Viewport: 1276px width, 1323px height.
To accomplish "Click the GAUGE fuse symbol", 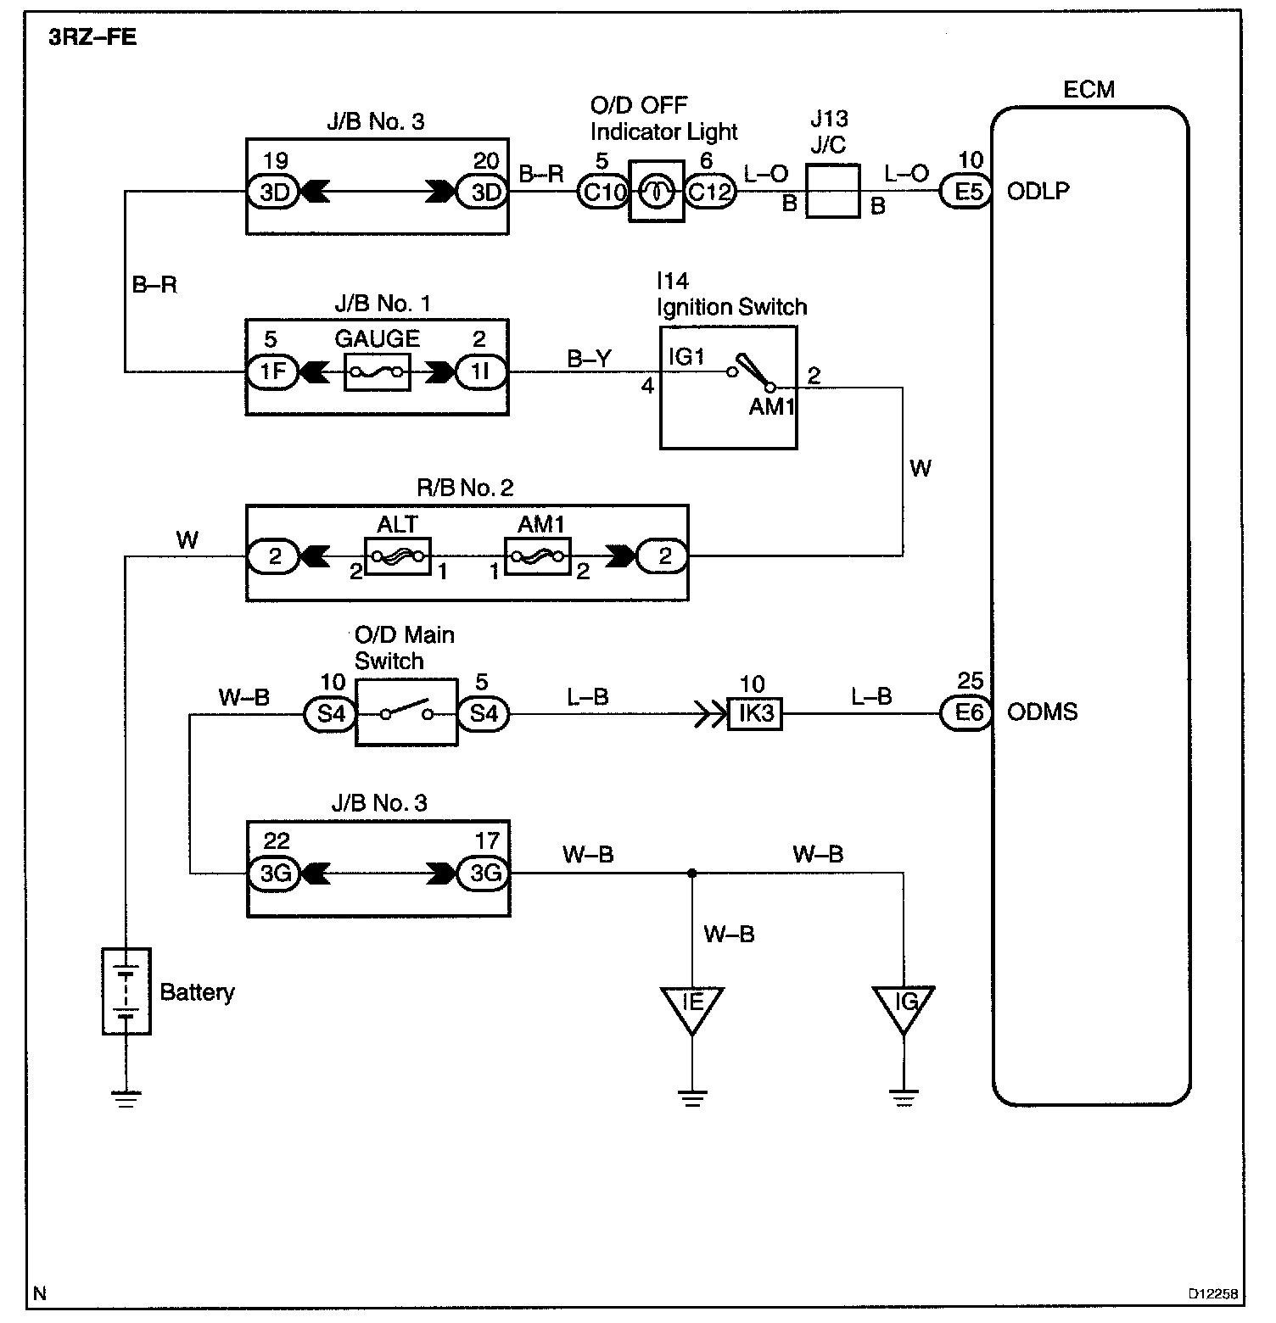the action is pos(378,372).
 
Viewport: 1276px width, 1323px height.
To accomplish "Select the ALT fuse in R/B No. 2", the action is pos(398,556).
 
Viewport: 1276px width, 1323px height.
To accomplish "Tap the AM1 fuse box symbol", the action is pos(538,556).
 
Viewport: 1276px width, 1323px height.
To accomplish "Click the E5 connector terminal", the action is pos(967,192).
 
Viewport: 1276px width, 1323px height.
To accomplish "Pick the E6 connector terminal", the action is pos(967,713).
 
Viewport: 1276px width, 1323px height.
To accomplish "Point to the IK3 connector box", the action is pos(755,713).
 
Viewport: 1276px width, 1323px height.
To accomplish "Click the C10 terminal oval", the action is pos(602,192).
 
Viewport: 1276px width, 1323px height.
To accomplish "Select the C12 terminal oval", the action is pos(710,192).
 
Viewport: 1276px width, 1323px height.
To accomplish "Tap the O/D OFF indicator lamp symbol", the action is pos(656,192).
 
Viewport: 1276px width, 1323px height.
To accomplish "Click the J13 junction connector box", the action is pos(832,191).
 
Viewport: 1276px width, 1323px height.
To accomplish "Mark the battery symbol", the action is pos(126,991).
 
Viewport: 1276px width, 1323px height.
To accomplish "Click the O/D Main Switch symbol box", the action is pos(406,712).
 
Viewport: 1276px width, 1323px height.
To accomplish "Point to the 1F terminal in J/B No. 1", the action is pos(272,372).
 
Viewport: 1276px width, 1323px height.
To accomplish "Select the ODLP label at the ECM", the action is pos(1038,192).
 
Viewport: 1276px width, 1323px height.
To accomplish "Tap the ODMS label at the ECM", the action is pos(1042,712).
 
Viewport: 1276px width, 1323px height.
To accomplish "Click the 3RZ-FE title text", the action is pos(93,38).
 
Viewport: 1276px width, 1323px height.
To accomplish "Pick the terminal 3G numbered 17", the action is pos(484,873).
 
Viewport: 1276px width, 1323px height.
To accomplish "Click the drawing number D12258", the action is pos(1212,1294).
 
